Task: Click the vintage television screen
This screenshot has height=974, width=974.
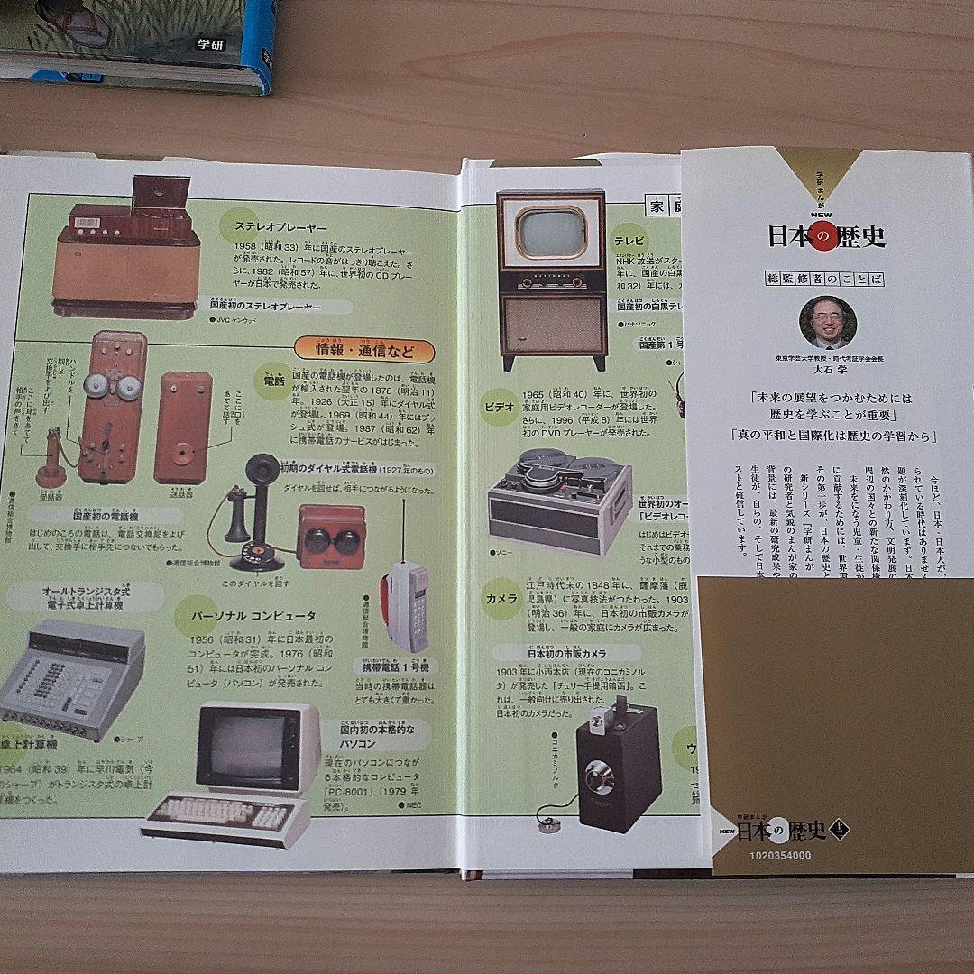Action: point(551,231)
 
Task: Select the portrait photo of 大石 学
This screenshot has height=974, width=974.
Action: point(827,323)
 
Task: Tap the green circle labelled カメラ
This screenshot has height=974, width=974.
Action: point(501,599)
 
